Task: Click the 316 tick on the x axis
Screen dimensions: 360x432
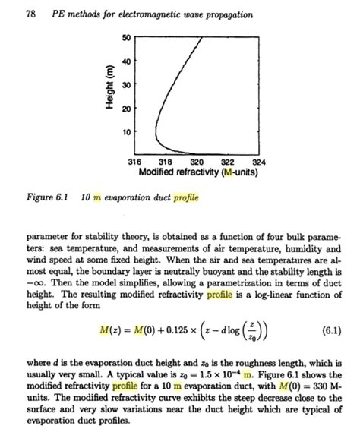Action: (x=134, y=161)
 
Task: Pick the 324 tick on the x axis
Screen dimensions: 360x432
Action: (x=258, y=161)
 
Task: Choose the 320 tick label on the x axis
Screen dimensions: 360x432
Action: (x=196, y=161)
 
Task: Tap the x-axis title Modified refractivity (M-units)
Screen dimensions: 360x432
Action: (x=195, y=172)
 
